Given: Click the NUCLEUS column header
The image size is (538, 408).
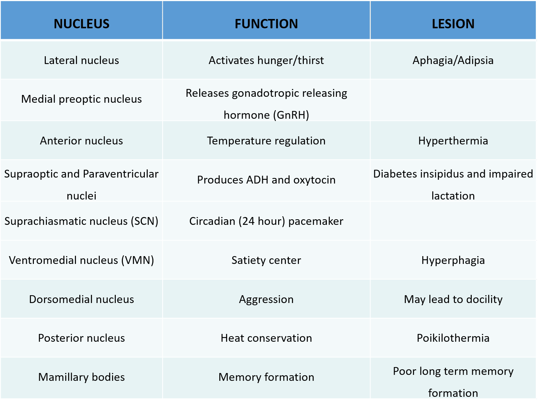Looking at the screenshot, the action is [x=82, y=24].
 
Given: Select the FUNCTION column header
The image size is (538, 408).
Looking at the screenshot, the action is [x=266, y=24].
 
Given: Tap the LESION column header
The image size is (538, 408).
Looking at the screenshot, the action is [x=453, y=24].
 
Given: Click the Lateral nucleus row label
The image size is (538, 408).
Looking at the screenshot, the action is [x=82, y=60].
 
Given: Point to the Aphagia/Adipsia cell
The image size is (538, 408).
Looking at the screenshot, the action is [x=453, y=61].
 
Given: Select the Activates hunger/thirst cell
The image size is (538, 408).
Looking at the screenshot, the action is [x=266, y=61].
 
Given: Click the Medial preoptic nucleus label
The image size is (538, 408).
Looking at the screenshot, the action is [x=82, y=99].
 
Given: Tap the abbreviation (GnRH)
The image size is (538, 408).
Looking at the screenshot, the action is [x=291, y=115].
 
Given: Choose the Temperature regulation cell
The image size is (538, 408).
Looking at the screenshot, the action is [x=266, y=141].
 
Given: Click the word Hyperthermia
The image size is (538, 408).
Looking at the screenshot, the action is [x=453, y=141].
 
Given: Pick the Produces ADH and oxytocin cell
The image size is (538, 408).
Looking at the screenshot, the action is [x=266, y=180].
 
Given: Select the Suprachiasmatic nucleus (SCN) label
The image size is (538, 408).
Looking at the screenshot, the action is [x=82, y=221].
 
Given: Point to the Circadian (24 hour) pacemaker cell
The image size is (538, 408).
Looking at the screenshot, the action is [x=266, y=221].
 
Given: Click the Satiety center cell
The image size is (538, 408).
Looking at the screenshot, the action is [x=266, y=260].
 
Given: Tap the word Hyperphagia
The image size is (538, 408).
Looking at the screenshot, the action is [x=453, y=261].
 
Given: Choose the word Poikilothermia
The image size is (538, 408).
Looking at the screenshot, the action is [x=453, y=338].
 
